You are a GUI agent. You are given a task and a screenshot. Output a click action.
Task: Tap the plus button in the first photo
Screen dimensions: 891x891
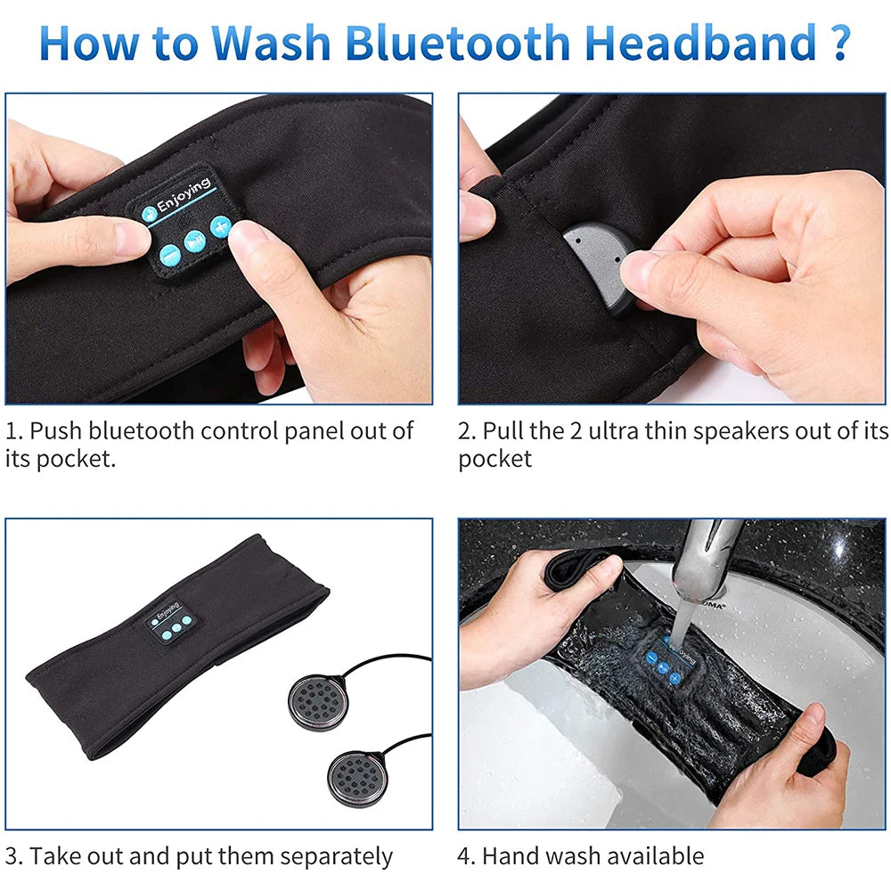click(x=220, y=229)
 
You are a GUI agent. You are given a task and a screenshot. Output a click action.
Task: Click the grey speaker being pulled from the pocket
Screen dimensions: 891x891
click(x=596, y=260)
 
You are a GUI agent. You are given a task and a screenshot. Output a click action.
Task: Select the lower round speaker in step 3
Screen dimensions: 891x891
click(x=356, y=774)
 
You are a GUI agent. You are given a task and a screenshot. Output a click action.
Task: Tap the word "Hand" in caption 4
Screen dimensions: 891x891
click(x=512, y=857)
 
